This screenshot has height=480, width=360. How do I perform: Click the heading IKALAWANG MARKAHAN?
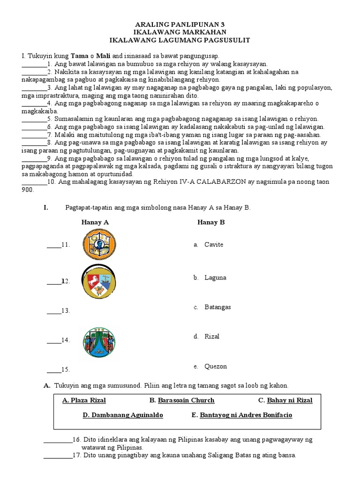[180, 32]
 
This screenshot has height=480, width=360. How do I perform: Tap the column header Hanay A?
[95, 222]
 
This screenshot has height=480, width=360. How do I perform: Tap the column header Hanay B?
[211, 222]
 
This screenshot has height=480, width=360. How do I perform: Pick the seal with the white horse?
[98, 281]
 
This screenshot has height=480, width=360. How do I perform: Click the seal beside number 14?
[99, 342]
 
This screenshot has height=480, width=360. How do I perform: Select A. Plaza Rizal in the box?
[84, 400]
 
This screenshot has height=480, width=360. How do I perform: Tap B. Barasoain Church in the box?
[182, 400]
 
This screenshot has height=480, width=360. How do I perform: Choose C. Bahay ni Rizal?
[285, 400]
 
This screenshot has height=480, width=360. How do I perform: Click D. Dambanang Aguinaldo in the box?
[123, 415]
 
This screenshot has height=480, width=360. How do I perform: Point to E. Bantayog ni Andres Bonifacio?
[242, 415]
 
